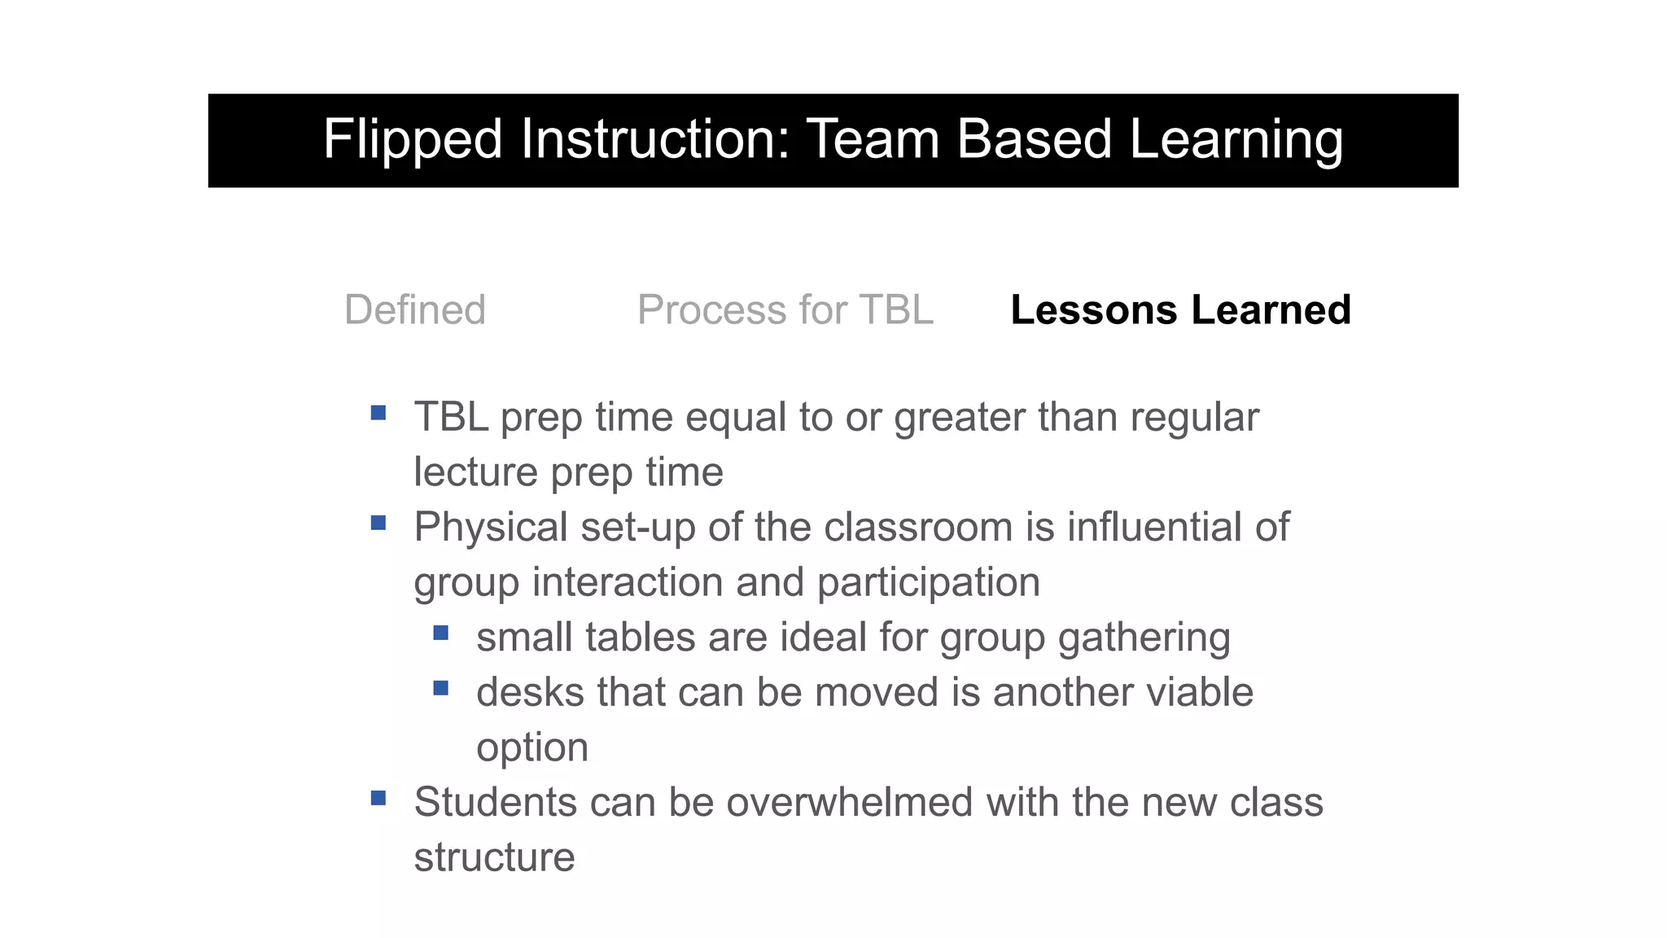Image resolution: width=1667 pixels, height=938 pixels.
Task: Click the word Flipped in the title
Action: click(x=412, y=140)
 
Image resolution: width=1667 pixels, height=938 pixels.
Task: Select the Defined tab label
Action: click(x=415, y=310)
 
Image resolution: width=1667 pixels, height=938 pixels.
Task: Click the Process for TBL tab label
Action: click(x=785, y=310)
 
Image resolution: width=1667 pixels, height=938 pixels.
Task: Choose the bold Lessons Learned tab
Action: click(x=1180, y=310)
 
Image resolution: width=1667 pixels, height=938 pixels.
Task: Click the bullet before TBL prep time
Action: click(x=378, y=413)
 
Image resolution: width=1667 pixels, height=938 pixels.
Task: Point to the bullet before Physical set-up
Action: click(x=378, y=523)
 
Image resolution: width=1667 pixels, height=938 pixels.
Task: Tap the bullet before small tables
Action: click(x=441, y=633)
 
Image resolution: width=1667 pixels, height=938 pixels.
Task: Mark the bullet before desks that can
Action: click(x=441, y=688)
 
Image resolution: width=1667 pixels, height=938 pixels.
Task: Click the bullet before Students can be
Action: click(x=378, y=798)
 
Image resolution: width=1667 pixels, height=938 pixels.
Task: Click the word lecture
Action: click(x=475, y=472)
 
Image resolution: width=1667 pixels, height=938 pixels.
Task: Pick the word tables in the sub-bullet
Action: click(x=641, y=638)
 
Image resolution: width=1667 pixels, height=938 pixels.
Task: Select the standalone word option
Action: click(x=532, y=748)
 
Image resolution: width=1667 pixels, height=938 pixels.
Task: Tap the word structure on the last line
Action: click(x=494, y=857)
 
